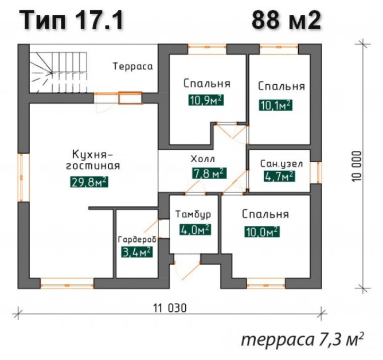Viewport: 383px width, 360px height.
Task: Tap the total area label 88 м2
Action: [x=286, y=21]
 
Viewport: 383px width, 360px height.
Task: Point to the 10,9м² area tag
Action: [x=206, y=101]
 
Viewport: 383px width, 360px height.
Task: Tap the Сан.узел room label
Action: [x=278, y=163]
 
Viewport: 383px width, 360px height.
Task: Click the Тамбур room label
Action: [x=194, y=214]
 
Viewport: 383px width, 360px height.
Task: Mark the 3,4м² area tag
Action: [x=136, y=252]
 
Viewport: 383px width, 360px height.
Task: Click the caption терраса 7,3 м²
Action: [x=302, y=339]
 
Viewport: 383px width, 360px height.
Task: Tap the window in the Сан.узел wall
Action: [x=314, y=172]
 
